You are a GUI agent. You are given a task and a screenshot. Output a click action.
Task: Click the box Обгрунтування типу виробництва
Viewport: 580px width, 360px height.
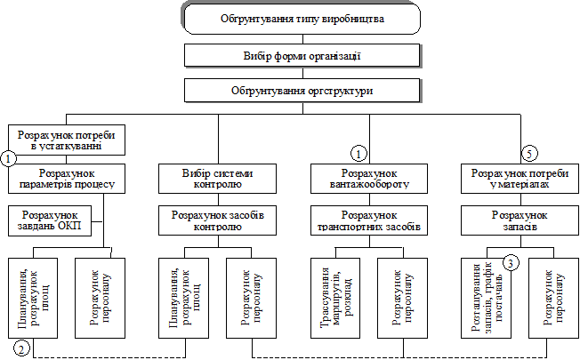click(302, 19)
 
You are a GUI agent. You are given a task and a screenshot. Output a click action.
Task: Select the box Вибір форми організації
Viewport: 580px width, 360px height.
click(302, 56)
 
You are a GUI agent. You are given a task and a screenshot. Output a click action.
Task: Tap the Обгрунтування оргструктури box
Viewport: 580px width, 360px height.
click(302, 91)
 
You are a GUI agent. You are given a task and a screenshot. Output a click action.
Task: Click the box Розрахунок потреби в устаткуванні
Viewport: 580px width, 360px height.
click(66, 140)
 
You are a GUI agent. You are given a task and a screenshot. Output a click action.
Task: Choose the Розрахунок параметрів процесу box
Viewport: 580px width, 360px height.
click(68, 179)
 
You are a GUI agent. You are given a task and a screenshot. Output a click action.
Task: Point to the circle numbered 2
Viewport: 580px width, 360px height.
click(24, 348)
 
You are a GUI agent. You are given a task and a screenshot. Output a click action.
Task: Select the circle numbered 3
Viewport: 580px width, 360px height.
click(509, 263)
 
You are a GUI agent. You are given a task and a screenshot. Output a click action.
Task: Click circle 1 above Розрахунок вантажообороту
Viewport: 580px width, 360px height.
click(359, 153)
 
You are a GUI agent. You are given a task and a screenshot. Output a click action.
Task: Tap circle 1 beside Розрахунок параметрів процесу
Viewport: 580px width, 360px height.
click(8, 160)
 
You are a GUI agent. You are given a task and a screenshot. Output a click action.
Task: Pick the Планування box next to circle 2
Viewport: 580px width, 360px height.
click(32, 298)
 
